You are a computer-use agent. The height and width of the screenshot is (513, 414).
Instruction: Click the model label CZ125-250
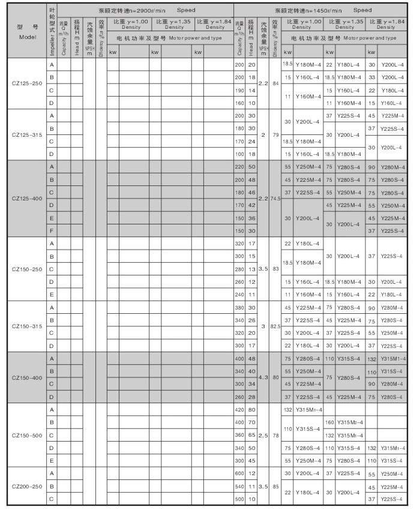[28, 83]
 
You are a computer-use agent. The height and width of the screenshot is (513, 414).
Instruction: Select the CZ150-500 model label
[28, 435]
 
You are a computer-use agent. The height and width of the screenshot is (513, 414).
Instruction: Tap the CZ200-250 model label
[28, 487]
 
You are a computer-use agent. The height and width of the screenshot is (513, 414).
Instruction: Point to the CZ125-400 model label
[28, 198]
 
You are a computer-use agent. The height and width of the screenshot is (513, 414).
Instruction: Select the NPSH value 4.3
[263, 377]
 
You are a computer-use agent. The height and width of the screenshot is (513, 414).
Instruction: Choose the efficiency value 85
[275, 487]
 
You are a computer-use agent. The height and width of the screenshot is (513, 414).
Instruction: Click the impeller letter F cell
[52, 230]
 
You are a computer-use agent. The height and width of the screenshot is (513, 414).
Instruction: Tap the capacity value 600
[240, 474]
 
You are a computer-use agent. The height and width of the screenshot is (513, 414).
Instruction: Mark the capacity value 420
[240, 410]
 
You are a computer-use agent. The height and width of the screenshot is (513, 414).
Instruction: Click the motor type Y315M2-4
[349, 422]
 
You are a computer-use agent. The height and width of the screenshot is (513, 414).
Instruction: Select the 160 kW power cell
[329, 422]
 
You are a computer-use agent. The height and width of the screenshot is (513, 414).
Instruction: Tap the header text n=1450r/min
[319, 10]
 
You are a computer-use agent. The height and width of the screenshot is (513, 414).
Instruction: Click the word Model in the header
[28, 37]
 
